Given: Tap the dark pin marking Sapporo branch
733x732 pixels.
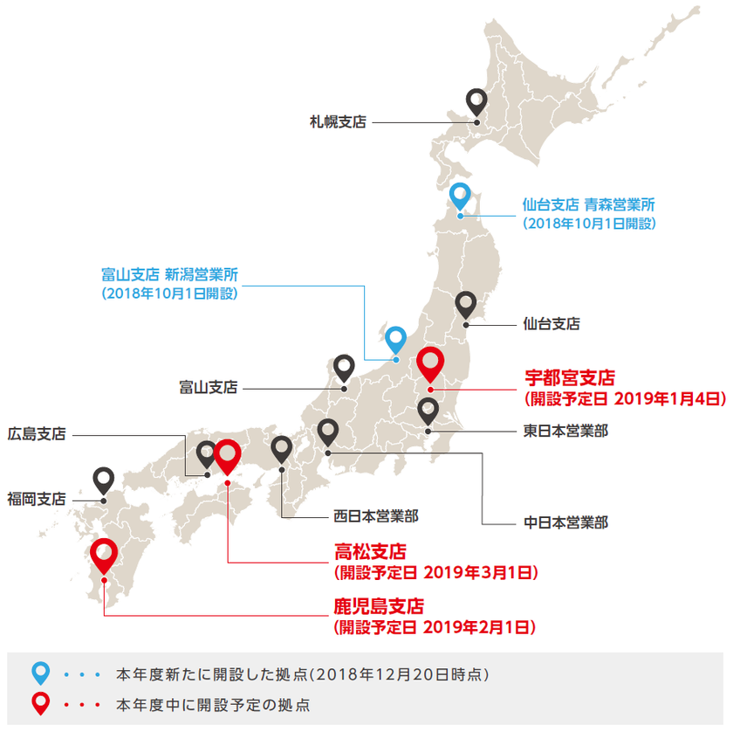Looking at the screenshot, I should [x=476, y=102].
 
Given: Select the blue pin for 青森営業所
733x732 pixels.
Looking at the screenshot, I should [x=461, y=195].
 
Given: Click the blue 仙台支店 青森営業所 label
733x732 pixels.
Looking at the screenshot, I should [x=588, y=205].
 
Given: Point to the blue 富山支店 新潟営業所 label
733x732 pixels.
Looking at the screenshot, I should [x=169, y=275].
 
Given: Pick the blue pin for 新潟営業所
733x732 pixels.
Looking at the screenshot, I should [x=396, y=339].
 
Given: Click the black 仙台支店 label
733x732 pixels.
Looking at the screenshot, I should [x=551, y=323].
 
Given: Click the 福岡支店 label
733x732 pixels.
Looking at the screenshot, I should [x=37, y=499].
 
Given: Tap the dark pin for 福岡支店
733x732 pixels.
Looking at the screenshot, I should [x=104, y=480].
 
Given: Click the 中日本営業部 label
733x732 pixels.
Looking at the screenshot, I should [x=565, y=524].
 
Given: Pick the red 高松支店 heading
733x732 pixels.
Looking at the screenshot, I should [x=371, y=552].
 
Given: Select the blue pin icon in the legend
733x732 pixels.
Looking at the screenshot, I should [x=41, y=673].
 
